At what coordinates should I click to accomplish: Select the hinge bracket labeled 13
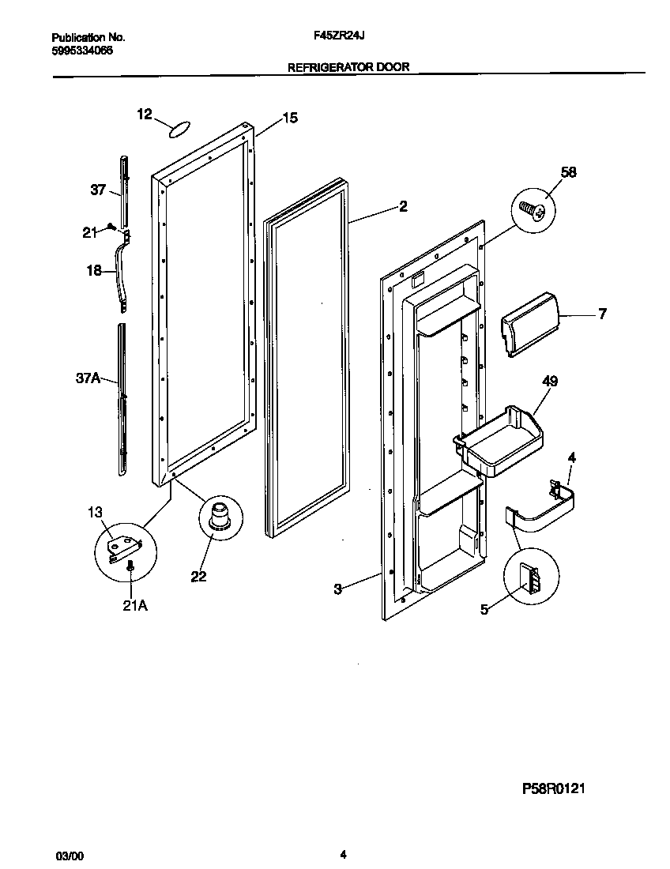click(x=124, y=545)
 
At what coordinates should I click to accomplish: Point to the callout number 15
click(x=290, y=118)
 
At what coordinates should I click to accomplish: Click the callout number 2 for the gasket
click(x=403, y=207)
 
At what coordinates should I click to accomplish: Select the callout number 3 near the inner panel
click(x=337, y=589)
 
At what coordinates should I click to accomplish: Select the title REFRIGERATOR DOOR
click(x=348, y=67)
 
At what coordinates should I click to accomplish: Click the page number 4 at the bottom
click(x=343, y=854)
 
